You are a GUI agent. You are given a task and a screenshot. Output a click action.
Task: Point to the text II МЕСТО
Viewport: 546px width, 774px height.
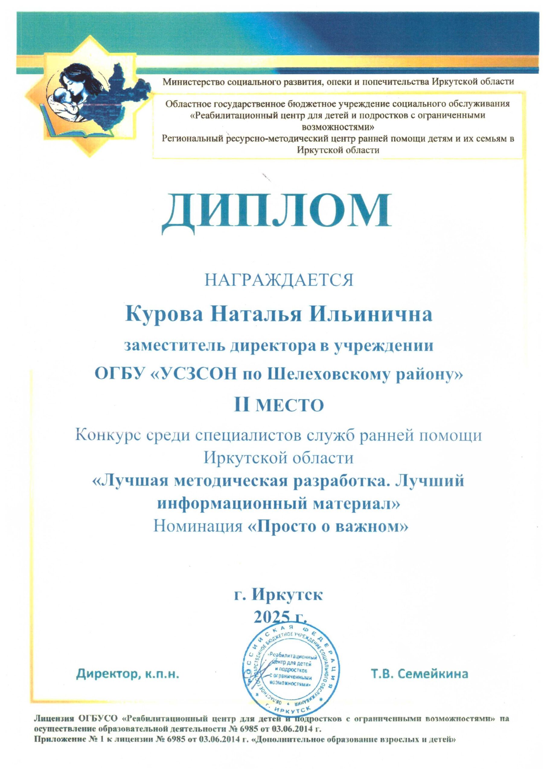coord(279,405)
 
